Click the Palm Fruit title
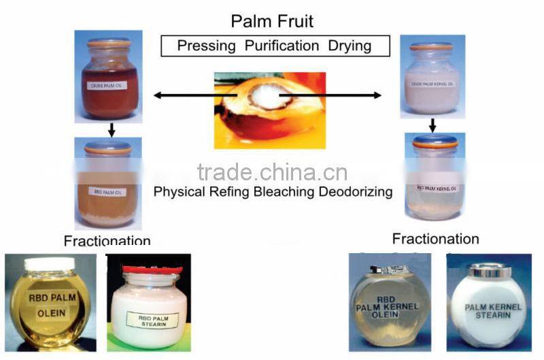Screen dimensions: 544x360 pos(272,21)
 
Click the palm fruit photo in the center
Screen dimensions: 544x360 pos(269,110)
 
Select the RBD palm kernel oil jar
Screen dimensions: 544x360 pos(435,178)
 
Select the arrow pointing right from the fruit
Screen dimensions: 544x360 pos(354,96)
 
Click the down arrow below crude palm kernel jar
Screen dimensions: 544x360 pos(432,125)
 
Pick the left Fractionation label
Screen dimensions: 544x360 pos(107,242)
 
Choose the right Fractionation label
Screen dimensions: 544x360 pos(435,239)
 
